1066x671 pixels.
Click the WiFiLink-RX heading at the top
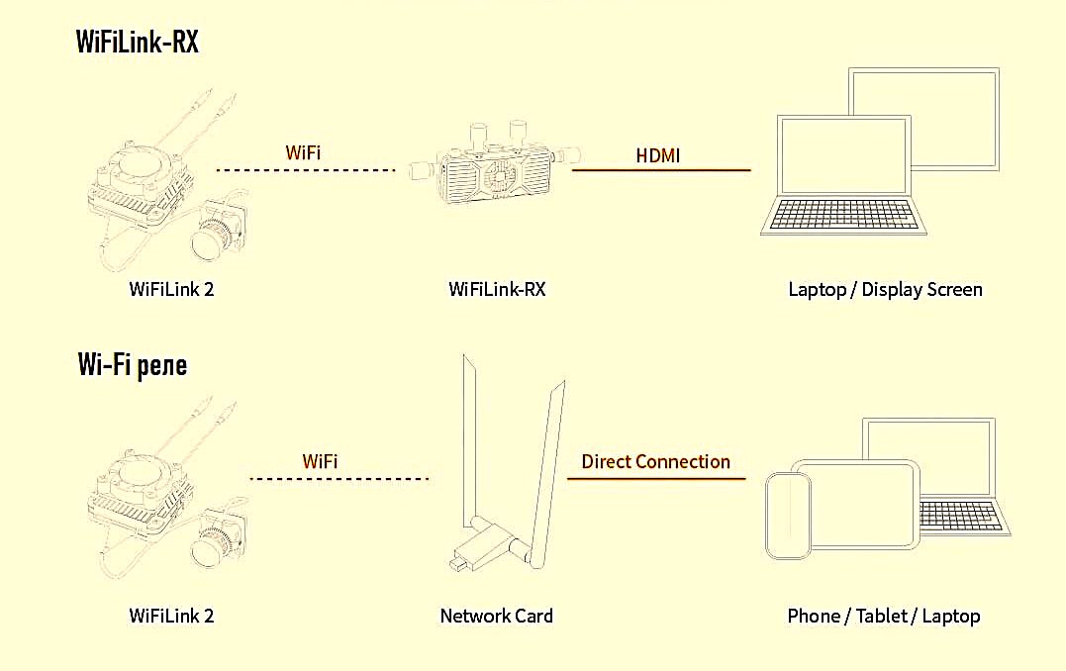pos(138,42)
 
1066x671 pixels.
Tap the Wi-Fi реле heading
pos(132,365)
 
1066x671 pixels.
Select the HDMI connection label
pos(657,155)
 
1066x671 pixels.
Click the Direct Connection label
pos(655,461)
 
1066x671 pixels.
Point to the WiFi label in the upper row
pos(303,152)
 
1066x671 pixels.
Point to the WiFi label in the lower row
pos(320,461)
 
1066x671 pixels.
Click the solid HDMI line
pos(661,170)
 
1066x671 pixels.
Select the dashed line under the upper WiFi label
pos(306,170)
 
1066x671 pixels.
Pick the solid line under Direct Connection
pos(656,479)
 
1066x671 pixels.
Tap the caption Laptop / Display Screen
pos(885,290)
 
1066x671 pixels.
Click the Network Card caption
pos(496,616)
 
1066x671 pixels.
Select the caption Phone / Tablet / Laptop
pos(884,616)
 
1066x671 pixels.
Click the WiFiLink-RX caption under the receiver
pos(497,290)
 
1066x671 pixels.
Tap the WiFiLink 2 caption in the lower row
pos(171,616)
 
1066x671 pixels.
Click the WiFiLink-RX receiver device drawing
pos(494,166)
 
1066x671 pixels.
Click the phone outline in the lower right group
pos(789,516)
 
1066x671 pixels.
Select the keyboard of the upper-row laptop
pos(843,216)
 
